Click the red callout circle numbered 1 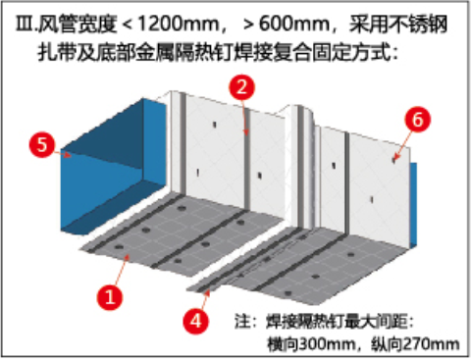pyautogui.click(x=110, y=297)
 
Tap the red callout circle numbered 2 pyautogui.click(x=241, y=87)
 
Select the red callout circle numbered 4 pyautogui.click(x=196, y=321)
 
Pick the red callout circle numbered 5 pyautogui.click(x=42, y=144)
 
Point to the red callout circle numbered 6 pyautogui.click(x=418, y=120)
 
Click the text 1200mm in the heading pyautogui.click(x=179, y=24)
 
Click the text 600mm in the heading pyautogui.click(x=294, y=24)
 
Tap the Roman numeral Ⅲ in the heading pyautogui.click(x=24, y=24)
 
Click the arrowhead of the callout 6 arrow pyautogui.click(x=394, y=159)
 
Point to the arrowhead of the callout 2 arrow pyautogui.click(x=245, y=131)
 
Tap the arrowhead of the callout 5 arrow pyautogui.click(x=68, y=154)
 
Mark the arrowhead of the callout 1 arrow pyautogui.click(x=128, y=257)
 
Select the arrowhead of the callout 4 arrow pyautogui.click(x=207, y=292)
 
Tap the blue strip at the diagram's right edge pyautogui.click(x=413, y=204)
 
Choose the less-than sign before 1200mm pyautogui.click(x=128, y=25)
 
